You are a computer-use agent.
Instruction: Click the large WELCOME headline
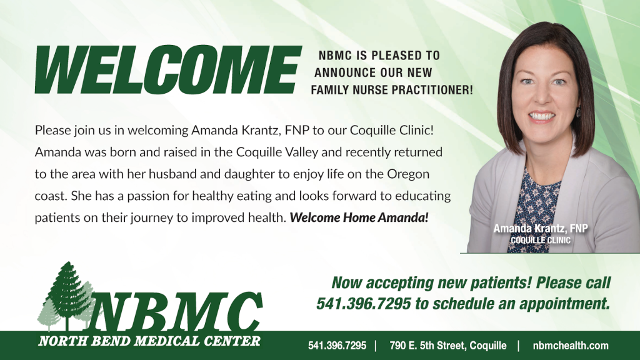coord(168,69)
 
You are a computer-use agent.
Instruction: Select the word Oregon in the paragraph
coord(408,175)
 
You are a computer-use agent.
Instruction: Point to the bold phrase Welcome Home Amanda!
coord(359,217)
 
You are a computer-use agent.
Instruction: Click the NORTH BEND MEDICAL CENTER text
coord(149,341)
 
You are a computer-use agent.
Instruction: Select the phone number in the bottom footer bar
coord(337,346)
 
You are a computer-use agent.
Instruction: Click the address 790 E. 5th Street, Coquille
coord(447,346)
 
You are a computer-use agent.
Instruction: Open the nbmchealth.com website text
coord(571,346)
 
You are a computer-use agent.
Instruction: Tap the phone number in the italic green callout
coord(364,304)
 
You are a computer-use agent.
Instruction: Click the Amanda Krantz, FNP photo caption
coord(541,228)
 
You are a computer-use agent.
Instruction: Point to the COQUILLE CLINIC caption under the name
coord(541,240)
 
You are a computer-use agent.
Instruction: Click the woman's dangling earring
coord(578,112)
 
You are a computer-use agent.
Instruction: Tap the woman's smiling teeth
coord(542,117)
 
